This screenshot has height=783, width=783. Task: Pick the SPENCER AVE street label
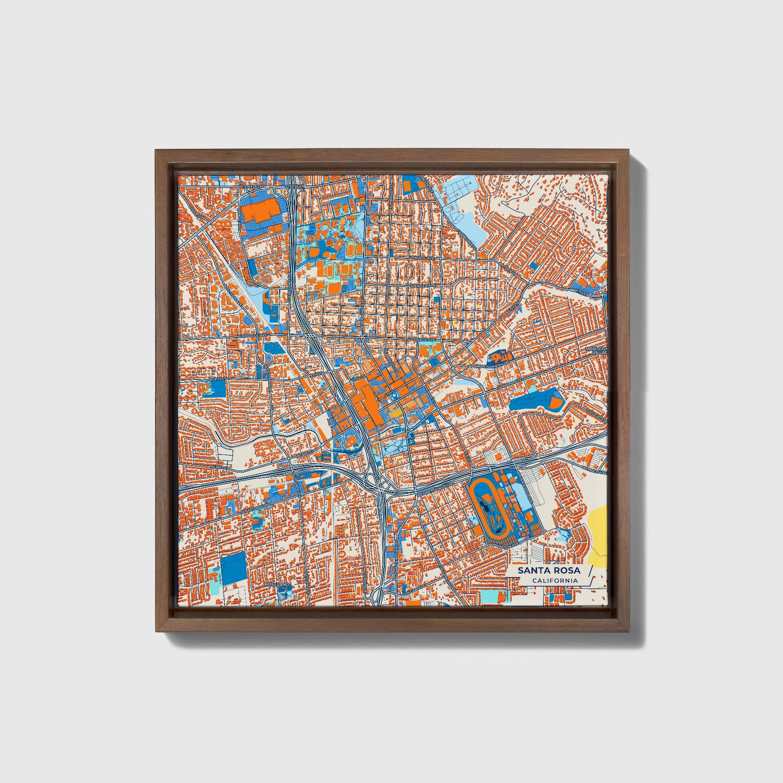(x=422, y=286)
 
